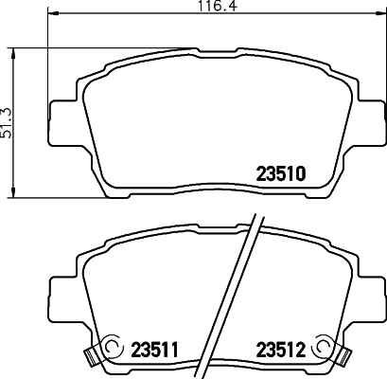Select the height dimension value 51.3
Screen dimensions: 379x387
(9, 122)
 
